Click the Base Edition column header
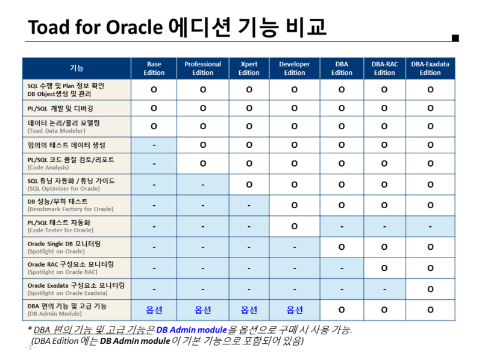click(x=154, y=68)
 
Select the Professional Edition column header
click(x=202, y=68)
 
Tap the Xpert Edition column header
click(x=249, y=68)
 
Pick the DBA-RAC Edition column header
click(x=384, y=68)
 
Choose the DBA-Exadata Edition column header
click(x=430, y=68)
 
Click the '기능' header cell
click(x=77, y=68)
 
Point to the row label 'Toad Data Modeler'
click(x=57, y=130)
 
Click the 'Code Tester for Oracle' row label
click(x=60, y=230)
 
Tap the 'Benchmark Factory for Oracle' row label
click(x=70, y=209)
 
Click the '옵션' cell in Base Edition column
click(x=154, y=310)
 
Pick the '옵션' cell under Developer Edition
click(x=294, y=310)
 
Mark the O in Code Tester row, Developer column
click(x=294, y=226)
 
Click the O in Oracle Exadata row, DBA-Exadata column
click(x=430, y=289)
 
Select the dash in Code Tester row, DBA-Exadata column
click(x=430, y=227)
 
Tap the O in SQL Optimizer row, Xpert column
click(x=249, y=185)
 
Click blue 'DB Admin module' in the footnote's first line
click(x=191, y=330)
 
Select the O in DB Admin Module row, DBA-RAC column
click(x=384, y=310)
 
